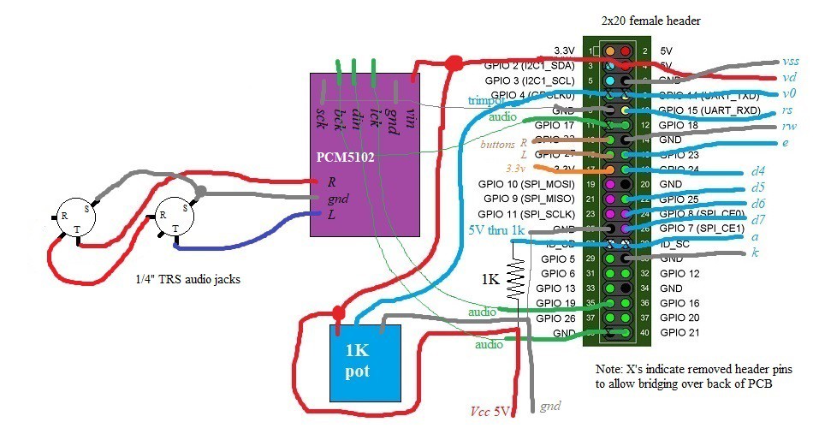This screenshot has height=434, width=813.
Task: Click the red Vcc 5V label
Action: click(490, 411)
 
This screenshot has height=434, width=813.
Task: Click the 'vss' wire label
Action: click(791, 62)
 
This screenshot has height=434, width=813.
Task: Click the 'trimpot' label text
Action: click(487, 99)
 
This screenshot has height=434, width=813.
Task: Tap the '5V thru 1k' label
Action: click(496, 229)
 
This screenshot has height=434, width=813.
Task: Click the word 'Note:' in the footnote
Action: click(611, 368)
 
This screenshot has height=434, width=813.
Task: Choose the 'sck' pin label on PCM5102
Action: click(320, 117)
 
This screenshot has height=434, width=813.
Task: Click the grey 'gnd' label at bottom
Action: click(549, 407)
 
